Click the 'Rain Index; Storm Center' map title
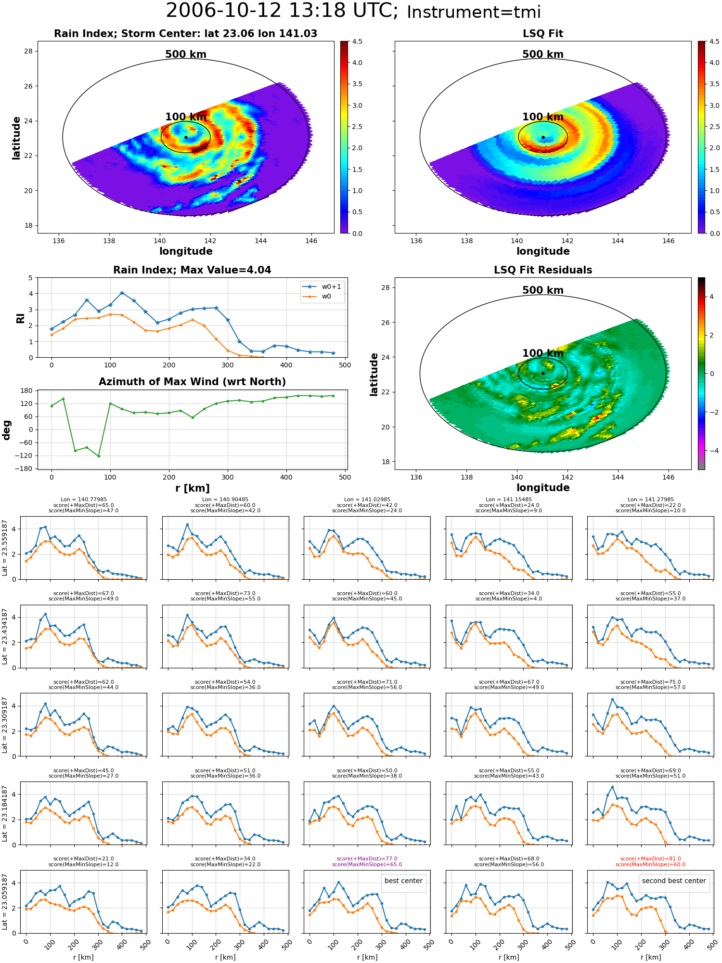point(185,34)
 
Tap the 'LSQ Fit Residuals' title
point(543,270)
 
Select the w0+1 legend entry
point(322,286)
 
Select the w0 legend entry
point(317,297)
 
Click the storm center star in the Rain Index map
point(186,137)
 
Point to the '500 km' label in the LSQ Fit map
point(543,54)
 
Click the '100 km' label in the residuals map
point(543,353)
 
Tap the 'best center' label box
point(403,881)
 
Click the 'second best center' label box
point(674,881)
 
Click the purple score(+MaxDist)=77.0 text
point(367,859)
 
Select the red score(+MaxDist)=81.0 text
point(650,859)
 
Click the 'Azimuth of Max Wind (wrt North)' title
point(192,382)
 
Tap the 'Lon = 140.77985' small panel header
point(84,500)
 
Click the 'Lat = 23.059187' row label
point(5,902)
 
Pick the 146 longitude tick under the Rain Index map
point(311,241)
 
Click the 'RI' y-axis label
point(20,318)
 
